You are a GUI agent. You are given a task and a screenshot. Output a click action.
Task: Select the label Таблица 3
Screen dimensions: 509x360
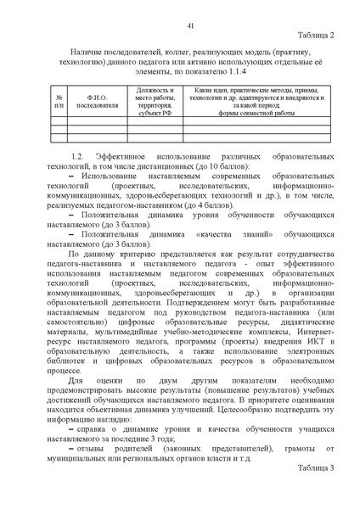click(318, 491)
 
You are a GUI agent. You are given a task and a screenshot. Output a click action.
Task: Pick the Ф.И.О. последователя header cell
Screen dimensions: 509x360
click(91, 102)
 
